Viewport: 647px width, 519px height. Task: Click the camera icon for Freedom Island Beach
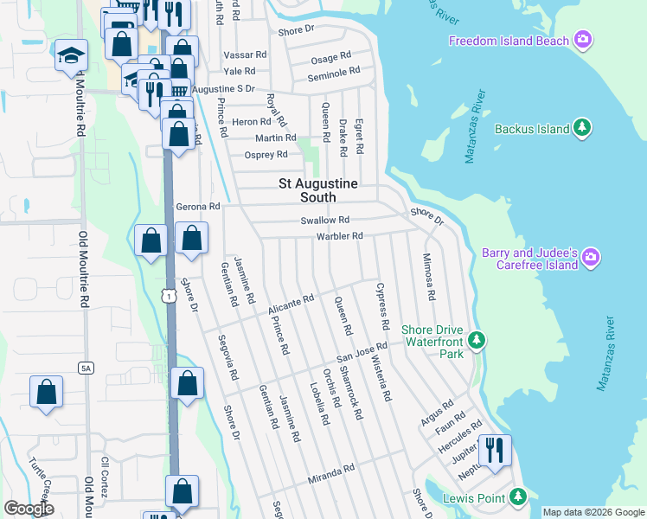pyautogui.click(x=584, y=40)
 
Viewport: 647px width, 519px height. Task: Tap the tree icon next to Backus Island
pyautogui.click(x=584, y=128)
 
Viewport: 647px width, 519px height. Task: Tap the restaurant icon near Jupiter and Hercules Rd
pyautogui.click(x=495, y=450)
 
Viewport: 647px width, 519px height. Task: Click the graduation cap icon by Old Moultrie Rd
pyautogui.click(x=70, y=56)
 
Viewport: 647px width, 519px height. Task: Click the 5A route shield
pyautogui.click(x=85, y=368)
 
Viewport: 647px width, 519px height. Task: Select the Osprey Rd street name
pyautogui.click(x=266, y=155)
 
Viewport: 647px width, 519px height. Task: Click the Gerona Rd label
pyautogui.click(x=198, y=207)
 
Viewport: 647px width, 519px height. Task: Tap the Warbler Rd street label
pyautogui.click(x=339, y=235)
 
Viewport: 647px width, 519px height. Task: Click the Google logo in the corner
pyautogui.click(x=29, y=509)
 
